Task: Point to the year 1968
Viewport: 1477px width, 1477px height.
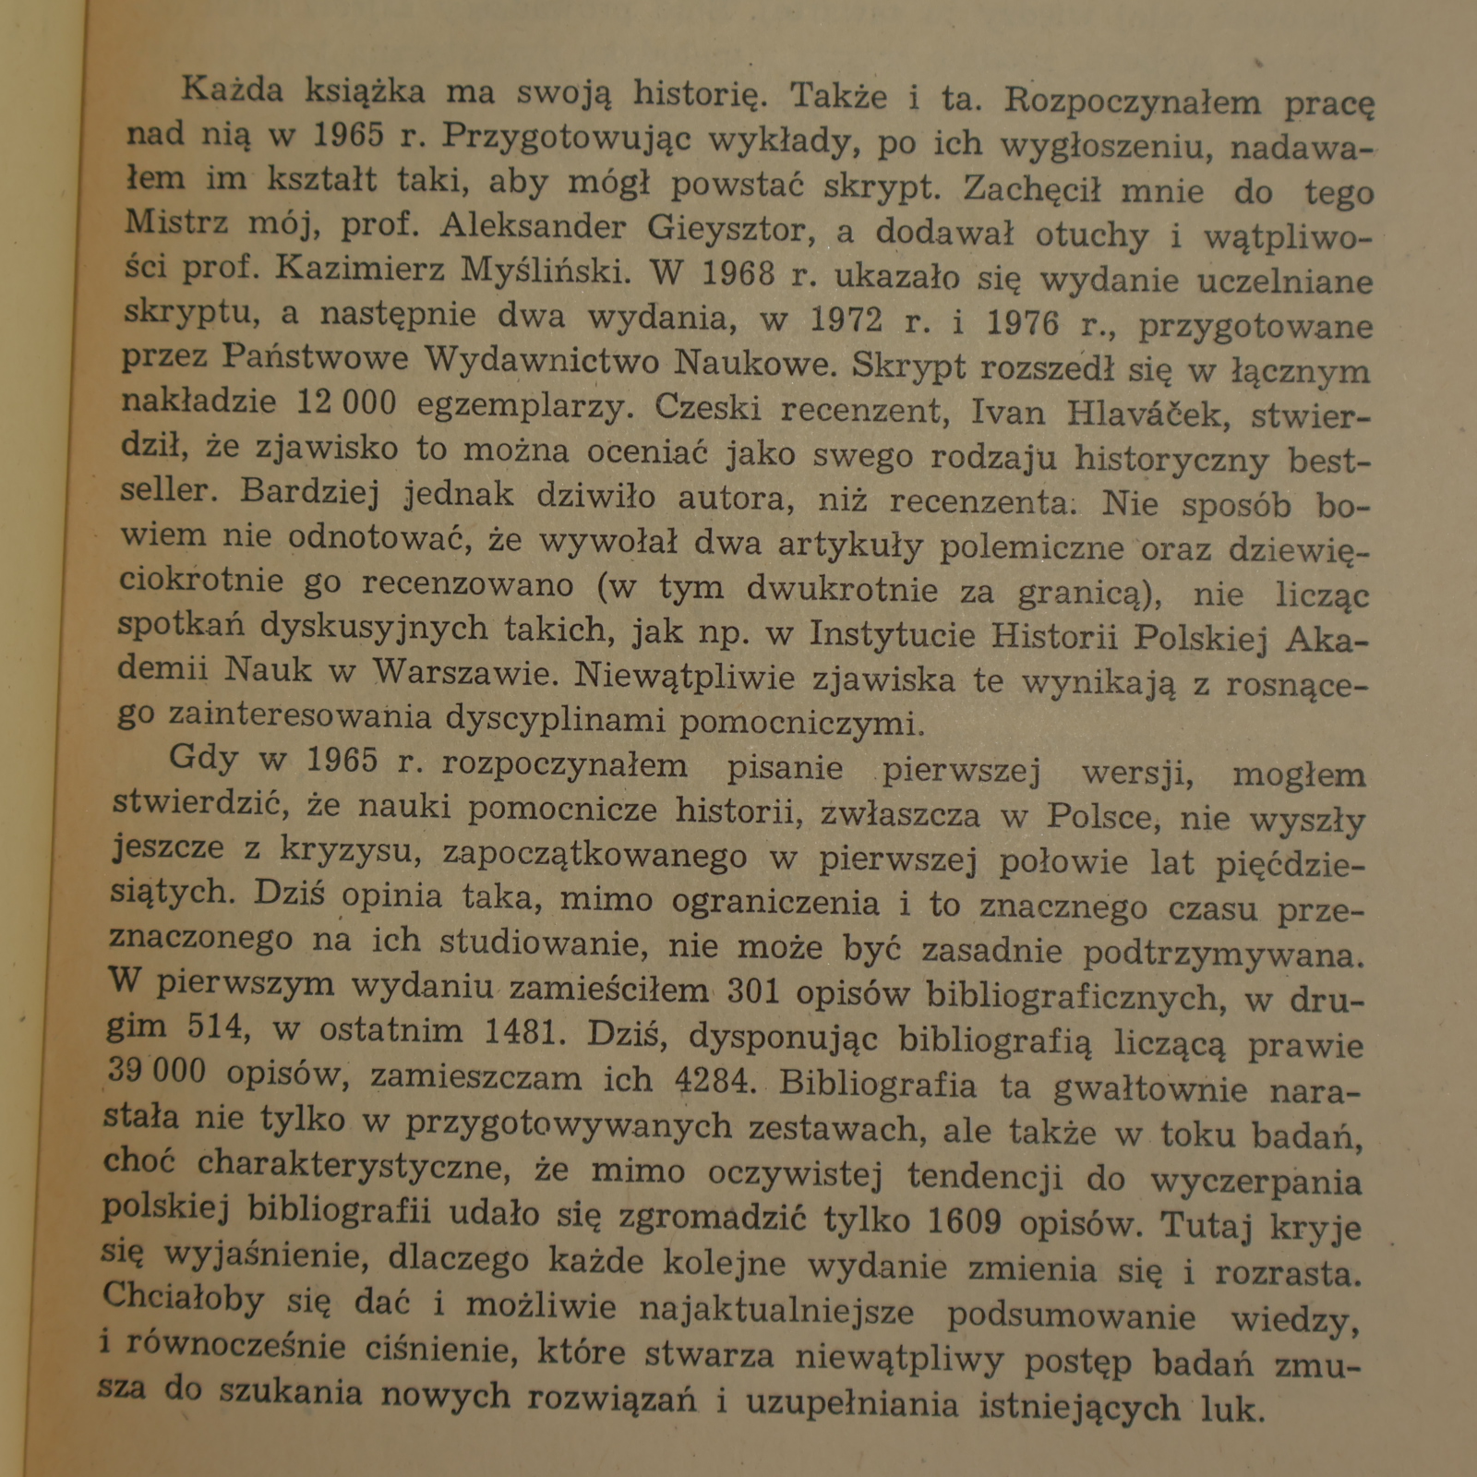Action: [x=738, y=273]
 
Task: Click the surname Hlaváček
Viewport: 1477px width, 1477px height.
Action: [x=1147, y=414]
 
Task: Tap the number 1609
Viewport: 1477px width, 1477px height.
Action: [x=965, y=1221]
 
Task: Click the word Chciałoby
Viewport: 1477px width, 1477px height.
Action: [x=184, y=1297]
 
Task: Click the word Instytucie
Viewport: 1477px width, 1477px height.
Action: [x=891, y=633]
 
